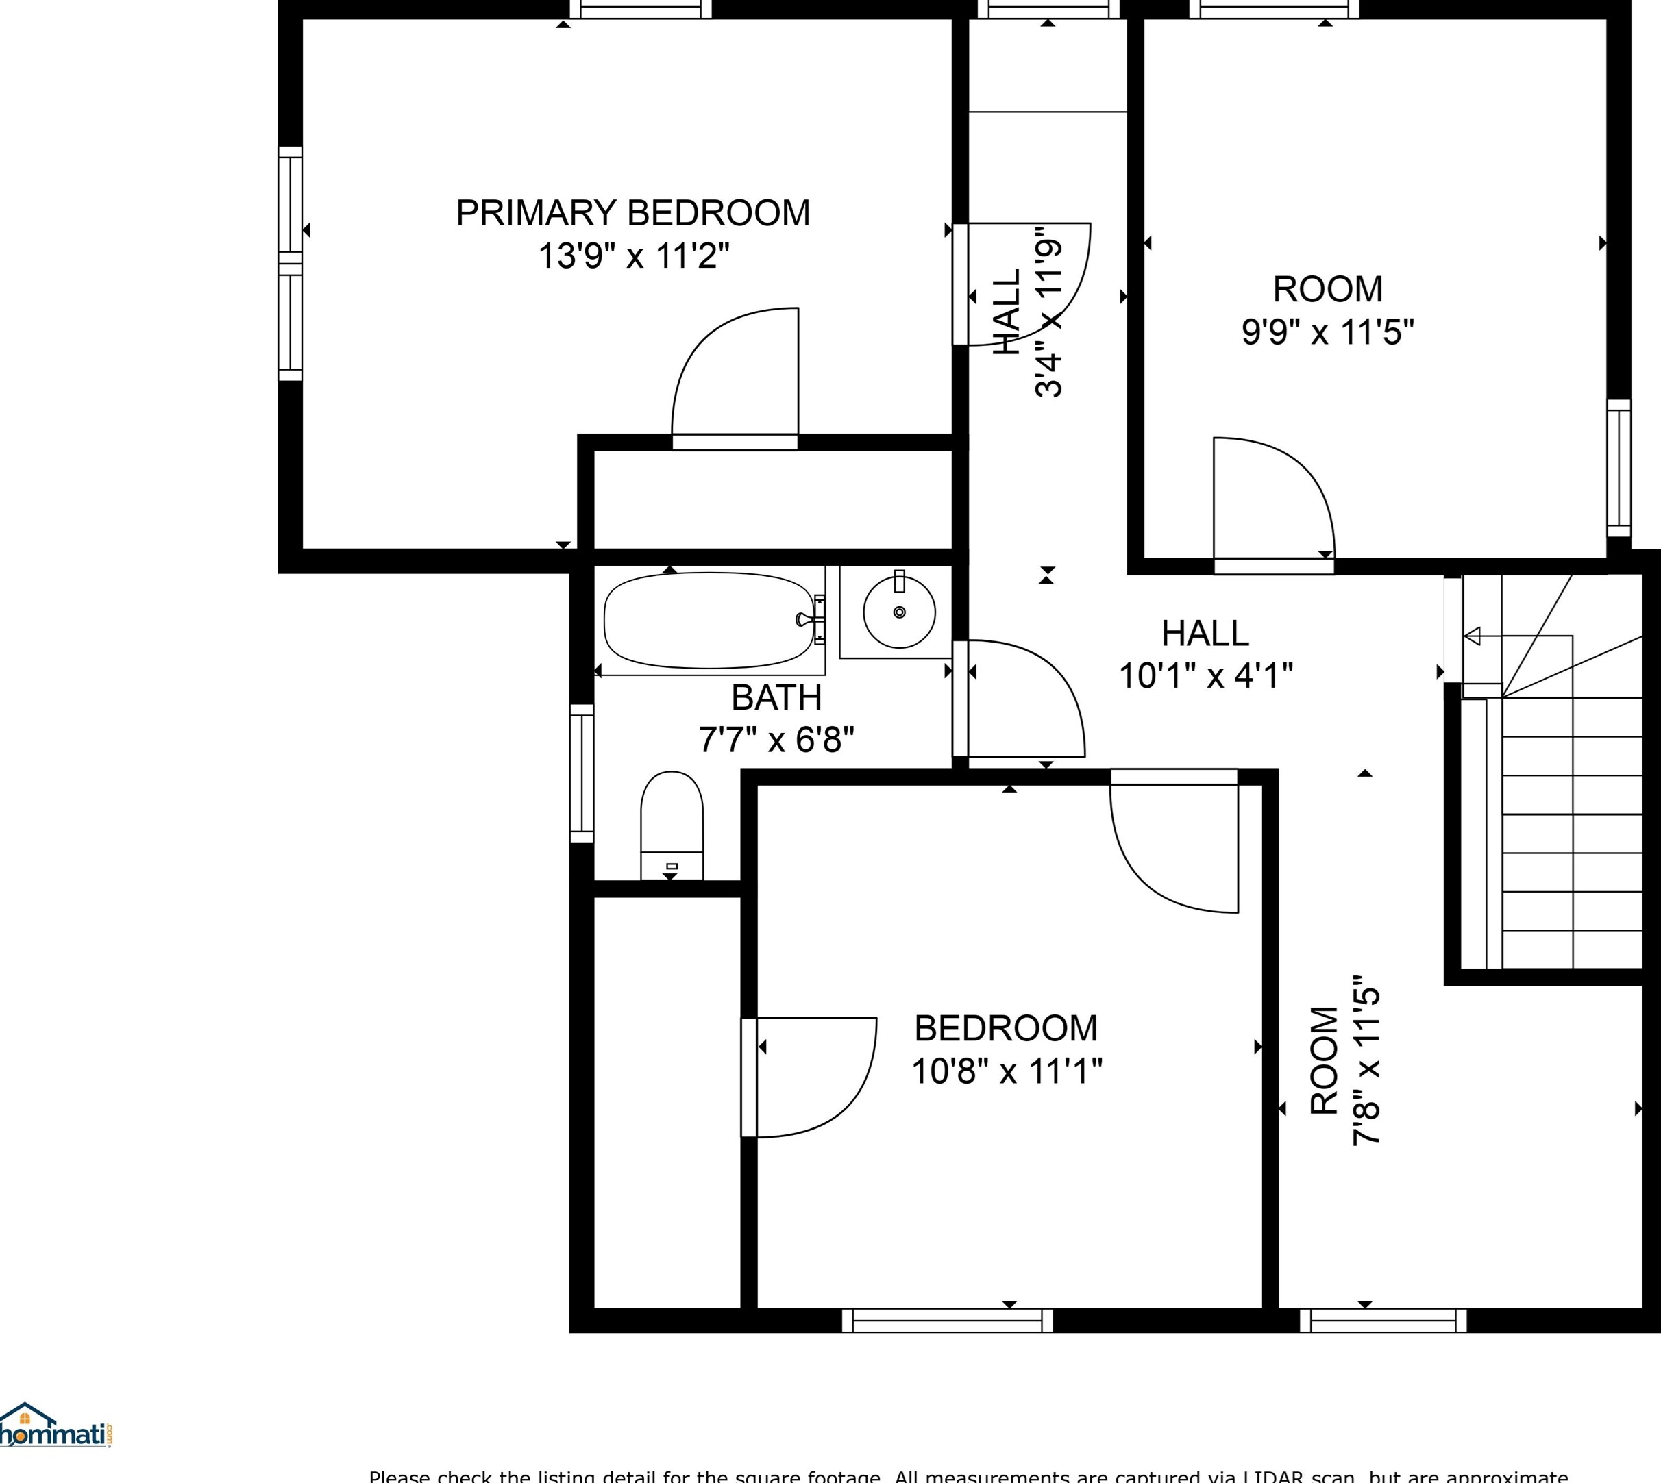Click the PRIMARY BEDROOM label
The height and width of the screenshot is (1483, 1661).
click(632, 214)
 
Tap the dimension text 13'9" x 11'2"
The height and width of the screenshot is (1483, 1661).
click(632, 256)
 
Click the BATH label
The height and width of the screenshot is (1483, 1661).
click(776, 697)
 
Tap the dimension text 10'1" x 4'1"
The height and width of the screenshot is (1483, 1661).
click(1205, 675)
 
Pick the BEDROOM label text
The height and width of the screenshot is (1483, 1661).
click(1006, 1028)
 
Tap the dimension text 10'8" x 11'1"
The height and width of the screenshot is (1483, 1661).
click(1006, 1071)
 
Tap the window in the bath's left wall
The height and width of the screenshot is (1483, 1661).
click(581, 773)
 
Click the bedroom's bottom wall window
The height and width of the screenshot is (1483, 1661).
click(947, 1320)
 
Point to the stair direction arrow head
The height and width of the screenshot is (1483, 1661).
click(1472, 636)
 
